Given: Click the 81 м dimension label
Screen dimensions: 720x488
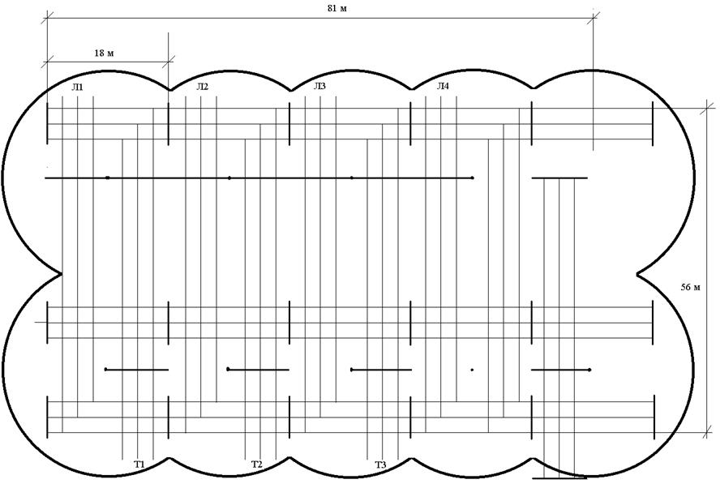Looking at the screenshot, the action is [x=337, y=9].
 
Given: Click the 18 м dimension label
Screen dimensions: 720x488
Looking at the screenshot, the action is [x=105, y=54].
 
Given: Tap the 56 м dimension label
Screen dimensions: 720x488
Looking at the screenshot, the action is [x=691, y=288].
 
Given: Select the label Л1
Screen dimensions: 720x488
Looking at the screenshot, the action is [x=77, y=88].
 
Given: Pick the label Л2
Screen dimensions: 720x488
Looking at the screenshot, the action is [x=202, y=87].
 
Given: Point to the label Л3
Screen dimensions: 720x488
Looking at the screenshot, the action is [x=319, y=86].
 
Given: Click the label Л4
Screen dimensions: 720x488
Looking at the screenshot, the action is [x=443, y=86].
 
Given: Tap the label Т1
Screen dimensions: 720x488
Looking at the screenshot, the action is [x=139, y=464].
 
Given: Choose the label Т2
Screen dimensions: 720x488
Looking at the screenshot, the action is [x=257, y=464].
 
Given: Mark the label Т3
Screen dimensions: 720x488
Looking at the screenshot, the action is [x=380, y=465].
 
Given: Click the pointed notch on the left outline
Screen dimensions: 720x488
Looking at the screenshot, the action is [x=61, y=274].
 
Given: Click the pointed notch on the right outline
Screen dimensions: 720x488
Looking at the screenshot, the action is [x=638, y=275].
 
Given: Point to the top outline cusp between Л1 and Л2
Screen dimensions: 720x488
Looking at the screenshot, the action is [x=169, y=89].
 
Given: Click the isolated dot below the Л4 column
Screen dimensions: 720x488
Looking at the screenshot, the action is [x=472, y=370].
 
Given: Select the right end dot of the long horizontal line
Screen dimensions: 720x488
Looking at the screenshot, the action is [x=473, y=178].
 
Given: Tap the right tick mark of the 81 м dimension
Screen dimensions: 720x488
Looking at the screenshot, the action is [x=594, y=18].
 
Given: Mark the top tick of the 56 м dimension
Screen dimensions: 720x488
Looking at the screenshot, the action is [x=707, y=109].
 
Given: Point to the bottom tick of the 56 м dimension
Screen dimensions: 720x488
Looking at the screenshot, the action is [x=707, y=432].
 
